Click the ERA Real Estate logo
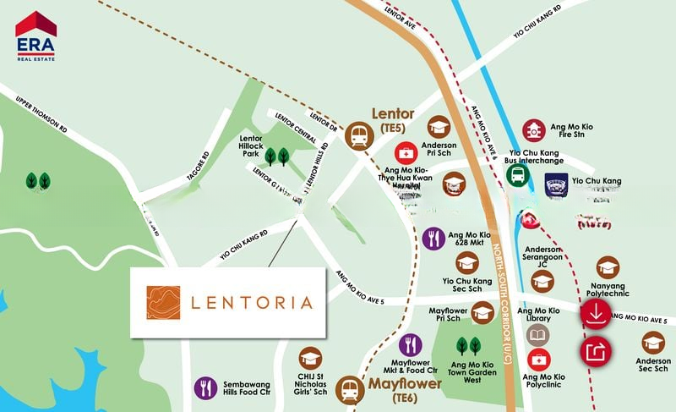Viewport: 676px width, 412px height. click(35, 36)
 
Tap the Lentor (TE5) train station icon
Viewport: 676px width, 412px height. click(359, 135)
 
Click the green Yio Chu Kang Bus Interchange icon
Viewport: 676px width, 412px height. click(517, 175)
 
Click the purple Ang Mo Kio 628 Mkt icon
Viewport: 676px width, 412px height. click(434, 239)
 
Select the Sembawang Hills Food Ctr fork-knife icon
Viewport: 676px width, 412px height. click(205, 388)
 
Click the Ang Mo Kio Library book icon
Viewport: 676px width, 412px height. click(538, 336)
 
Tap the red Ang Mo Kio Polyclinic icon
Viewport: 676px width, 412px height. click(538, 359)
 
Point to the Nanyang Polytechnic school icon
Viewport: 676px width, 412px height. click(608, 268)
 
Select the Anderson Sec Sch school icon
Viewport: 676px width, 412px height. click(653, 343)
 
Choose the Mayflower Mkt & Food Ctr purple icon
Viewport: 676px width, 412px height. click(410, 344)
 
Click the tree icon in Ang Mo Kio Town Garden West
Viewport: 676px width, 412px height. click(468, 345)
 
